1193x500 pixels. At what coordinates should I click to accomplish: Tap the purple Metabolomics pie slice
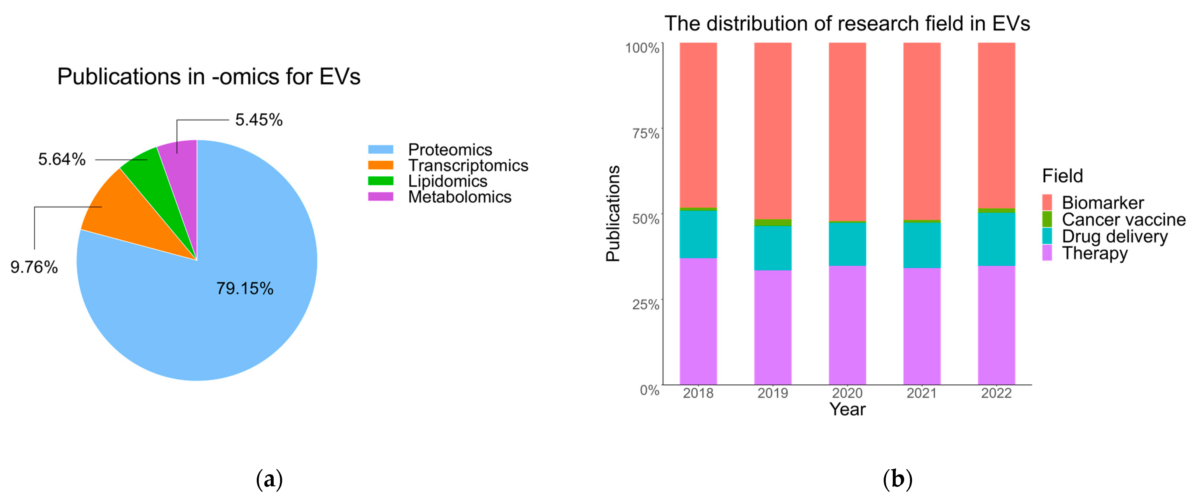tap(183, 171)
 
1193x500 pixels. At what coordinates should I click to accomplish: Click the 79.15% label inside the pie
tap(244, 289)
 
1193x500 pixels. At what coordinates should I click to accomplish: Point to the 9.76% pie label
tap(34, 267)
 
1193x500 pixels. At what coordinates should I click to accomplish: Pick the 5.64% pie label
tap(62, 159)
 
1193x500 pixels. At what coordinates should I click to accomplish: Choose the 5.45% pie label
tap(258, 120)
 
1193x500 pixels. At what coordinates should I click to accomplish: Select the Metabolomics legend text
tap(460, 197)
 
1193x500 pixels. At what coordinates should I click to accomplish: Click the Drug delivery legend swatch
tap(1047, 236)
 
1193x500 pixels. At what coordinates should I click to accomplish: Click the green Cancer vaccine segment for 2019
tap(773, 223)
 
